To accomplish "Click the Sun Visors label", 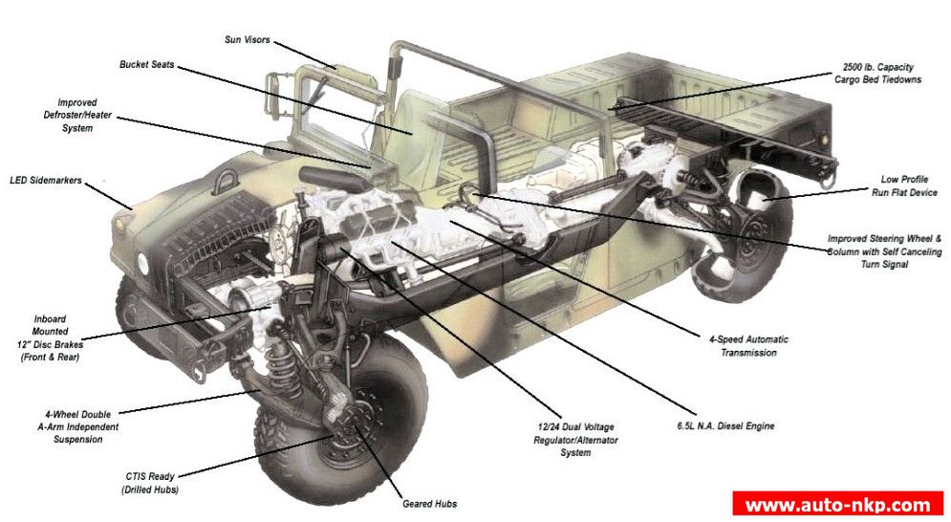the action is (247, 39).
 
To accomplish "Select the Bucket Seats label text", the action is (147, 64).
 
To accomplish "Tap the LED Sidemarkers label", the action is (46, 181).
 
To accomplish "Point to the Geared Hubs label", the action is (429, 504).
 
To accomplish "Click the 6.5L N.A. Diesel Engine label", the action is (725, 426).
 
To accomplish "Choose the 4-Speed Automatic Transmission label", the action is (748, 346).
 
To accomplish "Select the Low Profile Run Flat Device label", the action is (904, 185).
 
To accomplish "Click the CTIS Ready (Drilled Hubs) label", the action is (150, 483).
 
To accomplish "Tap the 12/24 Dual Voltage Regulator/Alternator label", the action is (575, 440).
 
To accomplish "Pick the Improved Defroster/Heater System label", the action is (77, 116).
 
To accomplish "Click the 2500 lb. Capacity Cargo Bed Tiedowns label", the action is (877, 74).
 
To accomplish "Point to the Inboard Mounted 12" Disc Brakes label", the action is (51, 338).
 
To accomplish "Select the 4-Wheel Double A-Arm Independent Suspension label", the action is (77, 426).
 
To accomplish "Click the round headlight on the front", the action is (143, 263).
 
